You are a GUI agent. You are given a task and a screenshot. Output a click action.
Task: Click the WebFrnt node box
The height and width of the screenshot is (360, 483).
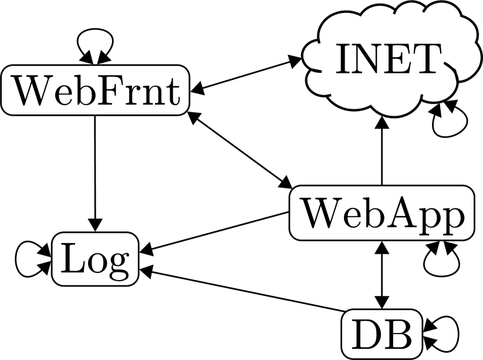pyautogui.click(x=95, y=90)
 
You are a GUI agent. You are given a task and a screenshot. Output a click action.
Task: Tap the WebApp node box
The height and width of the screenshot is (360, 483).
pyautogui.click(x=381, y=213)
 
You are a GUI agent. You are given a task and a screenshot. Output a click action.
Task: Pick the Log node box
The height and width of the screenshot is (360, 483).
pyautogui.click(x=95, y=259)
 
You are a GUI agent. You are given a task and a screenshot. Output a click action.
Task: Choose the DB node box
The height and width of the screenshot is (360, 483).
pyautogui.click(x=382, y=334)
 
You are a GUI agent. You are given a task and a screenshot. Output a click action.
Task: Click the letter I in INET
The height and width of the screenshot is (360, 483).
pyautogui.click(x=342, y=59)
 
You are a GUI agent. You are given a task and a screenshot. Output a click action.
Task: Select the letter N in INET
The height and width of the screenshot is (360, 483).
pyautogui.click(x=366, y=59)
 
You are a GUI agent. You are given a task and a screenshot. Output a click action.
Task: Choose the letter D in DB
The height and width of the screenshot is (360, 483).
pyautogui.click(x=367, y=334)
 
